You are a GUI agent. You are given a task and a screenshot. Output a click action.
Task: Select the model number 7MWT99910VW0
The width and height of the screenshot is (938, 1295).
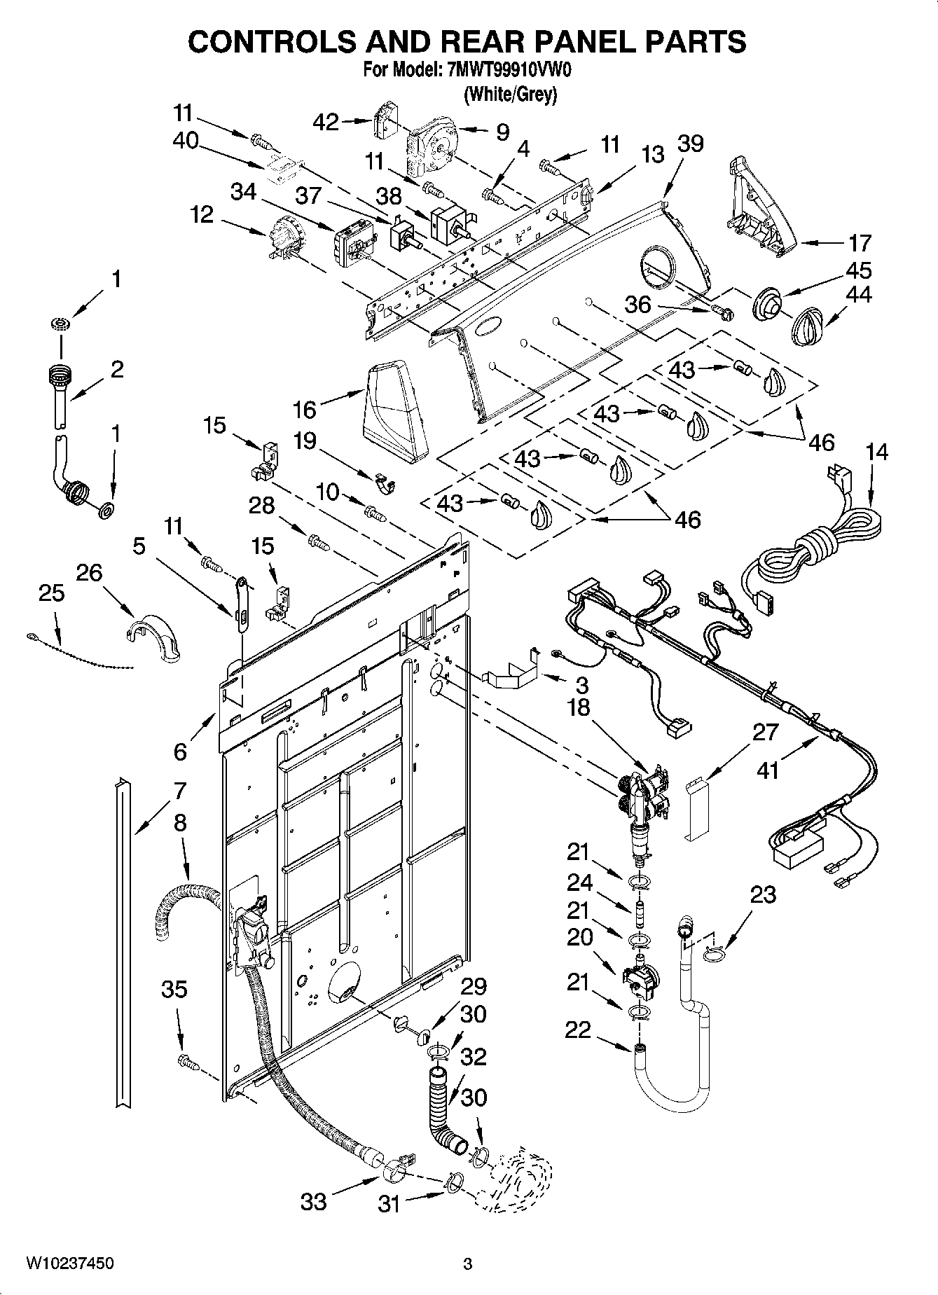[504, 70]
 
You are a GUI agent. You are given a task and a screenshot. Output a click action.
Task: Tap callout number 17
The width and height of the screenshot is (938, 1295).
[860, 243]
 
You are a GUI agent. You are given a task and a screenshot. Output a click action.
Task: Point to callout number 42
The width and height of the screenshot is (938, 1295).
[326, 122]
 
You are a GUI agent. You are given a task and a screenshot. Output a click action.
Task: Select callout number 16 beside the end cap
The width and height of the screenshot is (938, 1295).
[304, 408]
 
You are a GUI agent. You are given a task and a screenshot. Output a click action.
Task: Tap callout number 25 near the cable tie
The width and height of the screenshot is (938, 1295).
[51, 593]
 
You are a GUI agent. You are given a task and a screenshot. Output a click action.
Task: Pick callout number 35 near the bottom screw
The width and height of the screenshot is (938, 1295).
[174, 989]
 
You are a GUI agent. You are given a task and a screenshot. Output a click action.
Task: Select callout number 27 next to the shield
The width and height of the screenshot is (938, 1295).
[765, 733]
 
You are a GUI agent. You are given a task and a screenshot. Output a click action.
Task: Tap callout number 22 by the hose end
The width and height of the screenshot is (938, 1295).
[579, 1030]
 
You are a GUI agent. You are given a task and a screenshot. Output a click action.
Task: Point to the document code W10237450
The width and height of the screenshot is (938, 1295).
[70, 1263]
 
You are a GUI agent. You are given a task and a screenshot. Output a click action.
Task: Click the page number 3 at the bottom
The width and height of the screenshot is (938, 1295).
[468, 1264]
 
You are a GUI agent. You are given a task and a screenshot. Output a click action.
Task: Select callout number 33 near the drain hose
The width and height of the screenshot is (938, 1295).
[313, 1202]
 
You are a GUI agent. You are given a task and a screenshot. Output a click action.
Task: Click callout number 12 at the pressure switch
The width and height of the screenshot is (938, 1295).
[202, 214]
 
